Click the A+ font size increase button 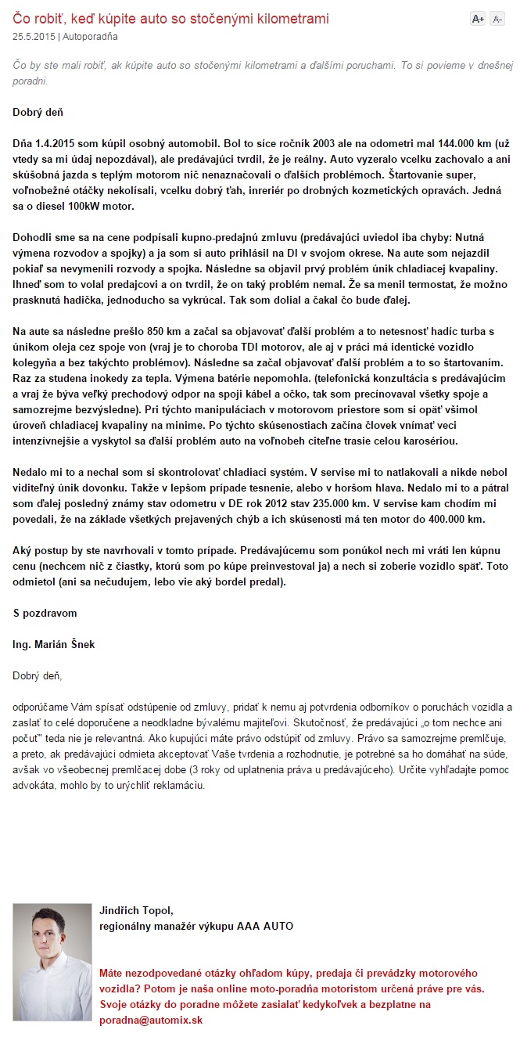point(478,20)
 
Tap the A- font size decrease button point(497,20)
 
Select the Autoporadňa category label point(91,36)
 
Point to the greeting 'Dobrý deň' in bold point(38,112)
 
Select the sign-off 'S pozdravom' point(45,613)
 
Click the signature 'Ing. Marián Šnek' point(54,644)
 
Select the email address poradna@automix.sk point(150,1020)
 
